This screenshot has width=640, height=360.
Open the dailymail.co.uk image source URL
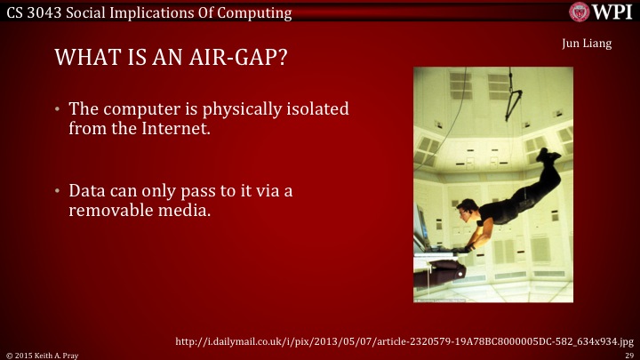coord(404,340)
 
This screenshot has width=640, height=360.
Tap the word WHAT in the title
coord(81,59)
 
